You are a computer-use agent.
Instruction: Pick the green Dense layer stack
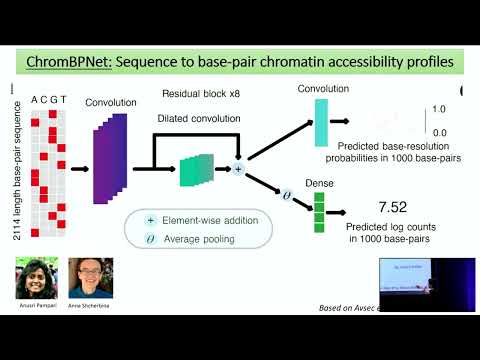pyautogui.click(x=321, y=207)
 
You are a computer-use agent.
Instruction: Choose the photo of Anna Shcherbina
pyautogui.click(x=89, y=281)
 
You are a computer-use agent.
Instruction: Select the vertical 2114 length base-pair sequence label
pyautogui.click(x=13, y=170)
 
